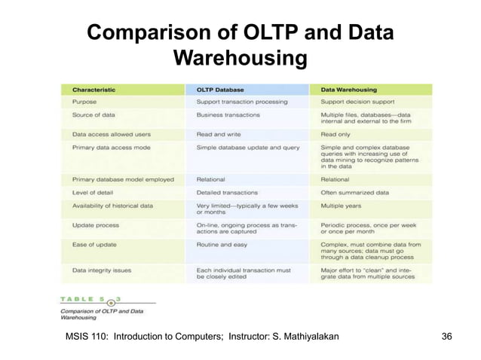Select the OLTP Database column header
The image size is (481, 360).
[220, 89]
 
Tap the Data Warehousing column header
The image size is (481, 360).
[350, 89]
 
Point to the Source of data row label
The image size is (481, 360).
[93, 115]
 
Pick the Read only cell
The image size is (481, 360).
[336, 133]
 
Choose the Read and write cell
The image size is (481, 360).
[218, 133]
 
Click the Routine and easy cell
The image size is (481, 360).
[224, 243]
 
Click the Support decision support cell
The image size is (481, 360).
[359, 101]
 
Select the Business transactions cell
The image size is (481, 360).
[228, 115]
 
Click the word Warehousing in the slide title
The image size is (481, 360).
[240, 57]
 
